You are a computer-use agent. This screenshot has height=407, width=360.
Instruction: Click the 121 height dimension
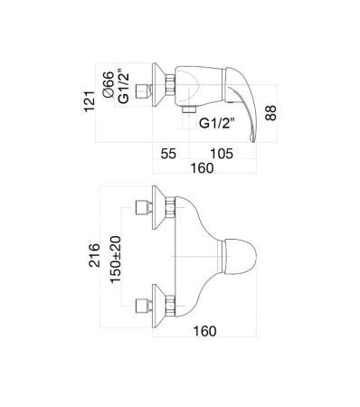click(x=90, y=101)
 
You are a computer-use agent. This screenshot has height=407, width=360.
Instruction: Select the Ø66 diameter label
click(x=109, y=84)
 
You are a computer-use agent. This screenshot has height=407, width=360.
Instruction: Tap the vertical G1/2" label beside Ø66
click(x=124, y=87)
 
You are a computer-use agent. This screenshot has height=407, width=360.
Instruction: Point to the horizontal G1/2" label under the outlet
click(x=217, y=123)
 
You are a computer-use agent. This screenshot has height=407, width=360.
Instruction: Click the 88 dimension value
click(x=270, y=113)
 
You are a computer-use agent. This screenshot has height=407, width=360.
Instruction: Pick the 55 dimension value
click(x=168, y=154)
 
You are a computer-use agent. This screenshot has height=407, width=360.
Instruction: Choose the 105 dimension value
click(x=222, y=154)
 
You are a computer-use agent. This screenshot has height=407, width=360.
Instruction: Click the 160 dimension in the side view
click(x=202, y=168)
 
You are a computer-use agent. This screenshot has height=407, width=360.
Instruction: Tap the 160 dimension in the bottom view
click(x=204, y=331)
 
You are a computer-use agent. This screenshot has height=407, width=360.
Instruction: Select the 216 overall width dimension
click(x=94, y=255)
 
